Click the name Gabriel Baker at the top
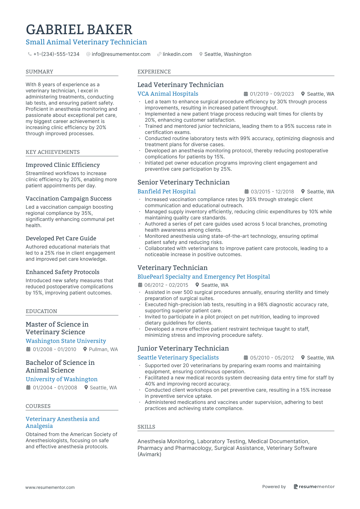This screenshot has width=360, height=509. coord(79,30)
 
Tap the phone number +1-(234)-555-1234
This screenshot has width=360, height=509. coord(56,54)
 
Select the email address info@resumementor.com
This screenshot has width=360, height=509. coord(121,54)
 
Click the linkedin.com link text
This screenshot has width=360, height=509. coord(177,54)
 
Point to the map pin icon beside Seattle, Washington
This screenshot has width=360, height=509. coord(201,54)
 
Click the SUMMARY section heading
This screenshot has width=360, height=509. coord(39,72)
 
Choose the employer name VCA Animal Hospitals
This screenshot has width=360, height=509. coord(168,94)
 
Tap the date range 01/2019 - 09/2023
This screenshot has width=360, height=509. coord(272,94)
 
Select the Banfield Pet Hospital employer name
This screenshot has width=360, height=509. coord(166,192)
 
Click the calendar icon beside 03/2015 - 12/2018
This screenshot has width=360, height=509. coord(247,192)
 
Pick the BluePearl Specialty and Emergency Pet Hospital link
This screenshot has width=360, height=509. coord(203,277)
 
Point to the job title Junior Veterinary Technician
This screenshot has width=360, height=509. coord(183,349)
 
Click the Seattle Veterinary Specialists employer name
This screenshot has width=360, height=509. coord(178,358)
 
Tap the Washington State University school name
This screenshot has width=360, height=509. coord(66,341)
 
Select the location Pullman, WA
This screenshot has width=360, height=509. coord(103,349)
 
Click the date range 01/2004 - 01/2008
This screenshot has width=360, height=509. coord(55,388)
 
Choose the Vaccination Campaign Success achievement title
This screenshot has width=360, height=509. coord(68,199)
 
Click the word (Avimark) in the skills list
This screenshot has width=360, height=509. coord(149,454)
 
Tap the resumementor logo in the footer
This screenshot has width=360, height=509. coord(314,487)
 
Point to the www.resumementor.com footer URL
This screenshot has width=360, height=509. coord(50,487)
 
